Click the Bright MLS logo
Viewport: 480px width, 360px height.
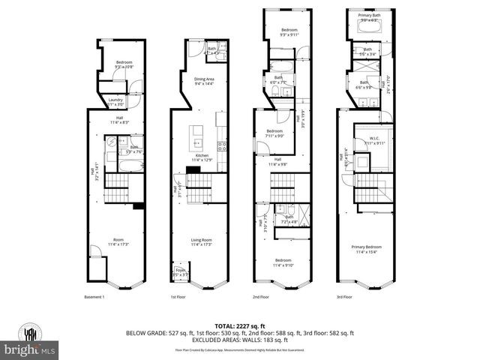click(30, 349)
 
